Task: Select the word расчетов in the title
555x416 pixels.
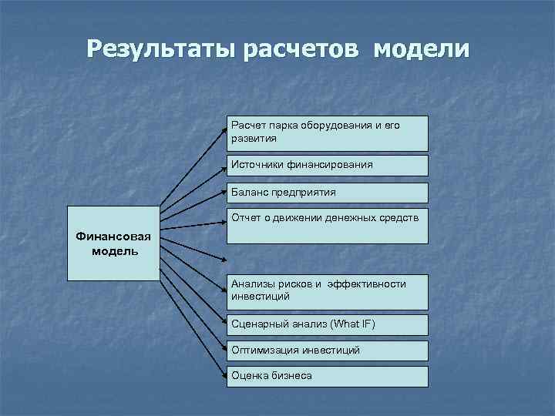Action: tap(301, 49)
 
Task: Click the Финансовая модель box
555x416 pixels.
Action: tap(113, 243)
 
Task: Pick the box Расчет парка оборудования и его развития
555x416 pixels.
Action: tap(327, 133)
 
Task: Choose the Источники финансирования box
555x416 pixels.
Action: tap(327, 165)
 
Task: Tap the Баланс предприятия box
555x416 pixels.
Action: tap(327, 193)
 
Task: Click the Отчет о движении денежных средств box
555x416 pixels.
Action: tap(327, 226)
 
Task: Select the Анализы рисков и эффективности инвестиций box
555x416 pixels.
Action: tap(327, 291)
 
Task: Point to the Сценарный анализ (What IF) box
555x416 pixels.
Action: tap(327, 324)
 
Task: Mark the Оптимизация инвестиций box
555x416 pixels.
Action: tap(327, 351)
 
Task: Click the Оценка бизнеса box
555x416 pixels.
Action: tap(327, 376)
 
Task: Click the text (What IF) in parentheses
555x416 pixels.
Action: tap(352, 324)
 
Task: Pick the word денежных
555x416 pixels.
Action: tap(351, 218)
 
